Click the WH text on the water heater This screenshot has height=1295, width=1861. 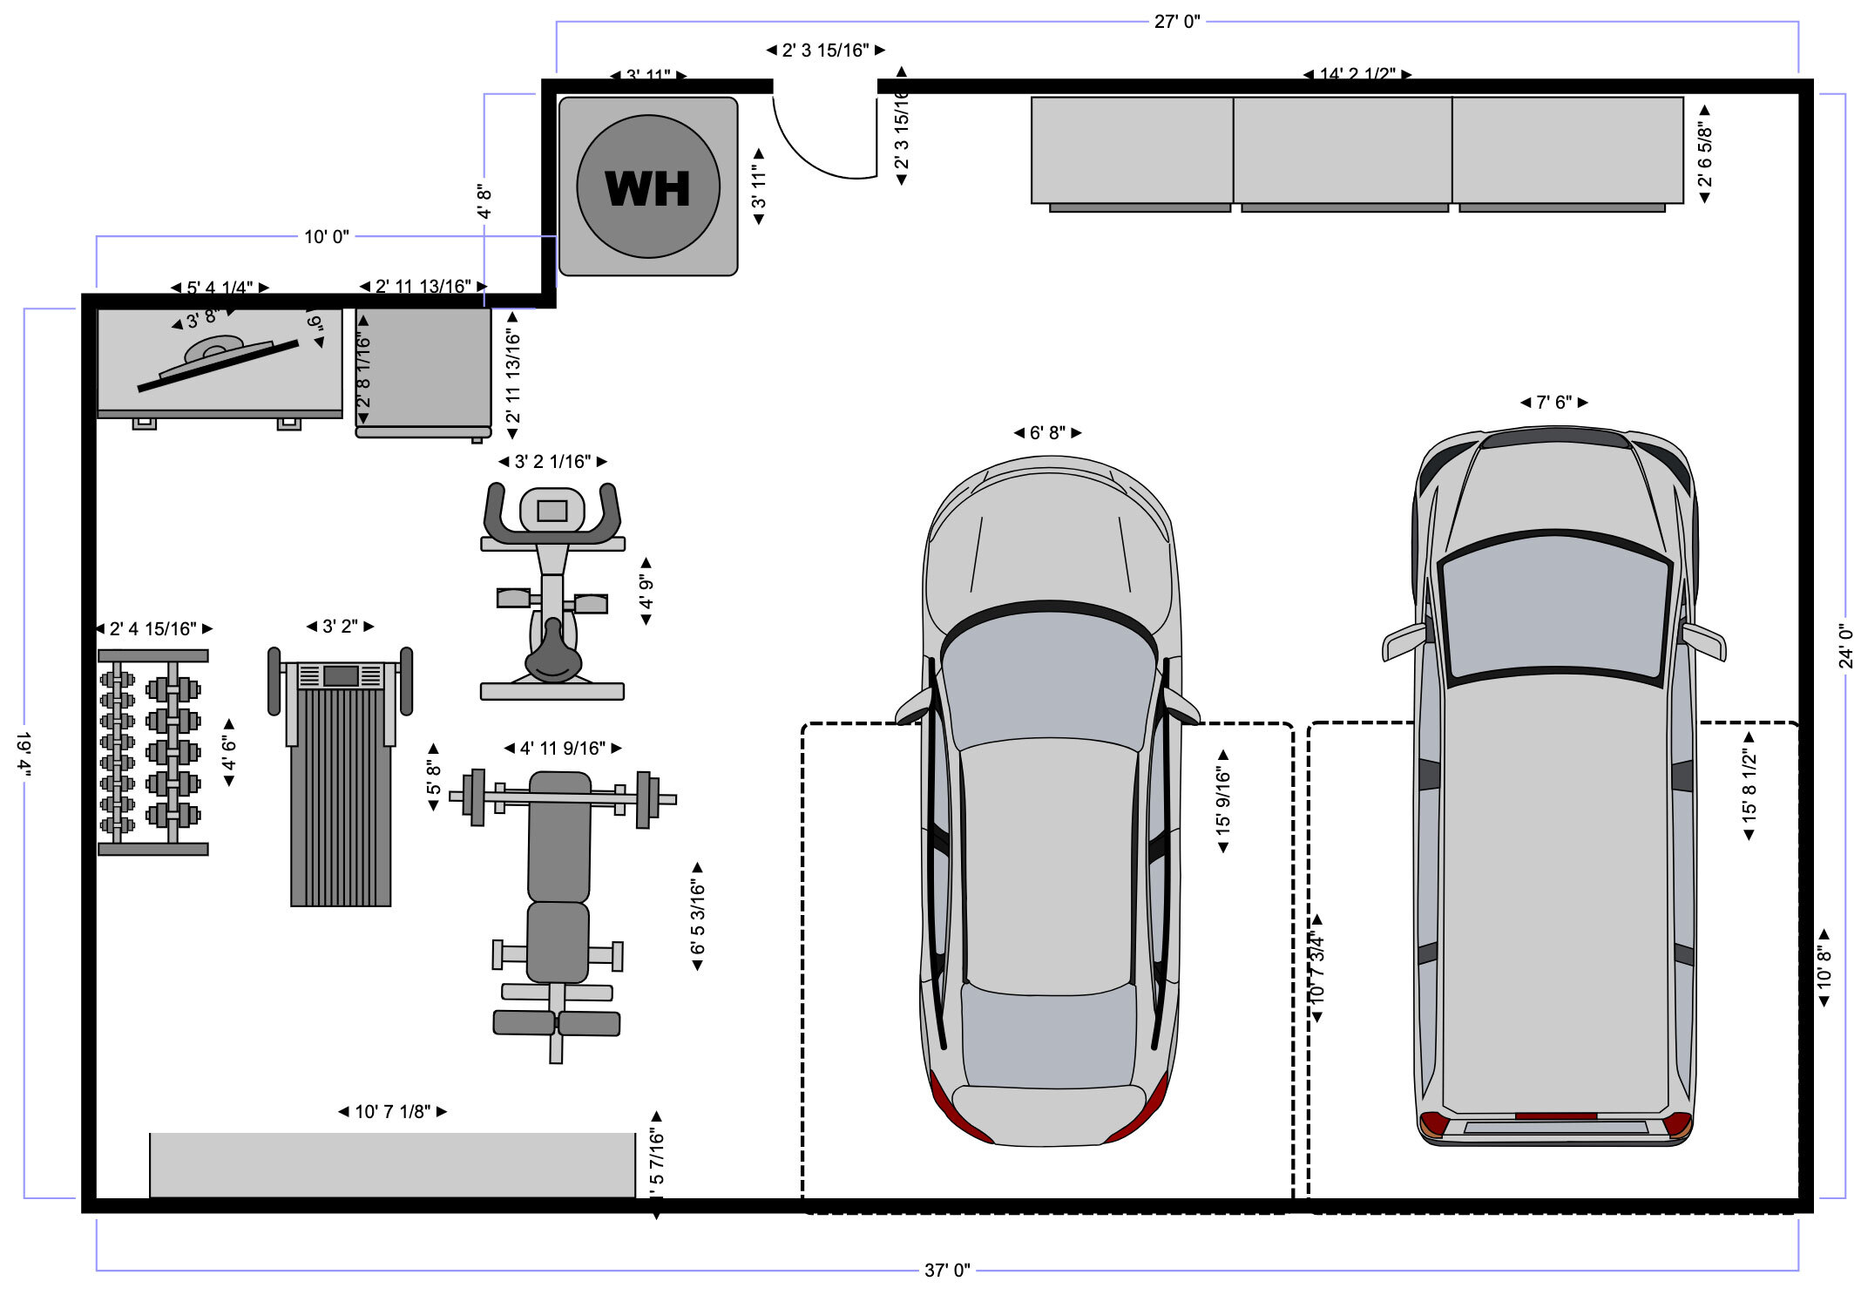tap(647, 188)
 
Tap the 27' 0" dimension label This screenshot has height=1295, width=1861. tap(1176, 22)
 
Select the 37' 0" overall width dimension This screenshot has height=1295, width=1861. tap(947, 1270)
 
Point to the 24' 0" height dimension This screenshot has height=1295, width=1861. tap(1845, 646)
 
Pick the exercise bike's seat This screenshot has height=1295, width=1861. tap(552, 658)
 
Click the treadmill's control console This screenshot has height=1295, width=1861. tap(341, 675)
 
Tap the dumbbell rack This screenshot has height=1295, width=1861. tap(152, 752)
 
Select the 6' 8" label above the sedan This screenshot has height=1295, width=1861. tap(1047, 433)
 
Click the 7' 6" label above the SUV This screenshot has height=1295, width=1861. tap(1553, 403)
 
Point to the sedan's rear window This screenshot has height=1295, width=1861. tap(1048, 1037)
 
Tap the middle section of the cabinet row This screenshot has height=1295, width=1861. tap(1342, 150)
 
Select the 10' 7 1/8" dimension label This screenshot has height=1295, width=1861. tap(392, 1112)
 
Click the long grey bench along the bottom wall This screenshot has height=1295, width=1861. tap(392, 1165)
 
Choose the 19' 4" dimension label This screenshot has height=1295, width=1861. tap(24, 753)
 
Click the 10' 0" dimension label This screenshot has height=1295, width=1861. tap(326, 236)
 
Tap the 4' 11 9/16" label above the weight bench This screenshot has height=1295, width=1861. tap(562, 749)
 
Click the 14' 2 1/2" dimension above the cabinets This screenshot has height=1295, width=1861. tap(1357, 75)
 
